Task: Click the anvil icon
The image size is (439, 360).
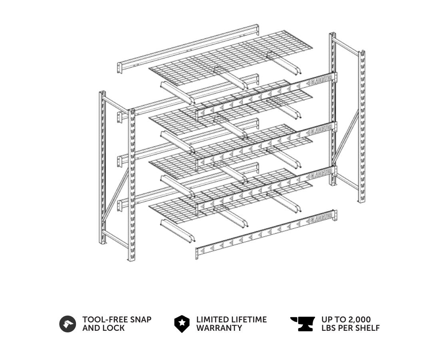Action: point(303,324)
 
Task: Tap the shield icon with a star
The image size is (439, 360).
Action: point(182,324)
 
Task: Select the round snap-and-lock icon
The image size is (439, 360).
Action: point(68,324)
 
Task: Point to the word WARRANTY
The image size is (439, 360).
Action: point(219,328)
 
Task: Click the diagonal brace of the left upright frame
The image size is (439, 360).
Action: point(116,193)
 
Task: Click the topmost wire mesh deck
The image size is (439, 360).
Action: point(231,58)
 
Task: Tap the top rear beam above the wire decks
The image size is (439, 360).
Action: point(188,49)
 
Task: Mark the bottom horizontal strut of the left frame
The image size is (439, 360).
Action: point(116,239)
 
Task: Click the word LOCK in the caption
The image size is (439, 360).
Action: point(114,328)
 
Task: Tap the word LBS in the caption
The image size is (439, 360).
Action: point(329,328)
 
